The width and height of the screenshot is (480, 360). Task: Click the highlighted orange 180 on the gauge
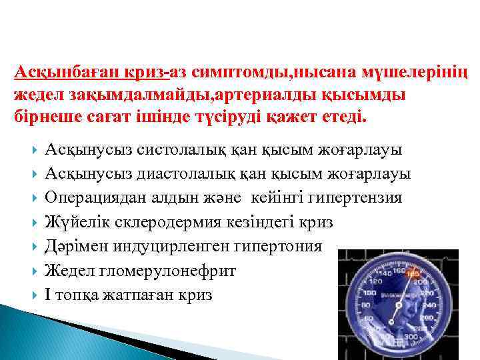[413, 274]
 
